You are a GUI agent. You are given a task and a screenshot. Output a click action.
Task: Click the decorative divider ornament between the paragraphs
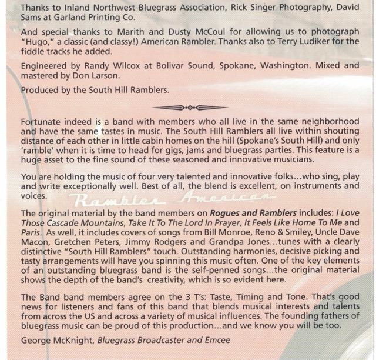click(188, 108)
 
